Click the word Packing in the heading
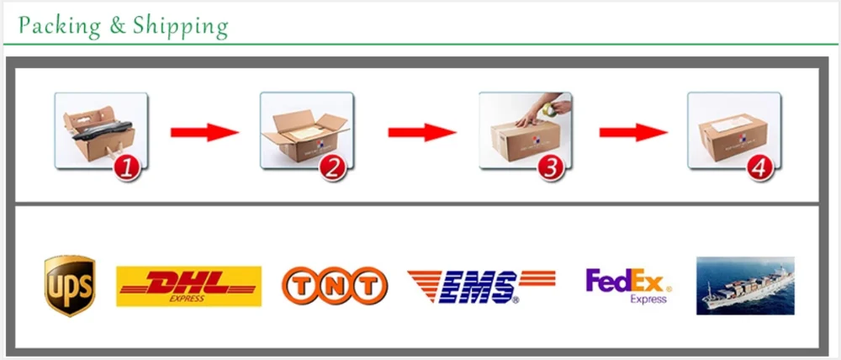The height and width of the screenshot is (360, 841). click(58, 26)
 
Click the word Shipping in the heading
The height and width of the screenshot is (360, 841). click(179, 26)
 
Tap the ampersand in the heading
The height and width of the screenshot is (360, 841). click(116, 26)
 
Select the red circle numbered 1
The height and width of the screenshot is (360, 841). click(127, 167)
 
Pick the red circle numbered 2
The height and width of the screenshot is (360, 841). click(333, 167)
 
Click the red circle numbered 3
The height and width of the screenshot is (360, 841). click(551, 167)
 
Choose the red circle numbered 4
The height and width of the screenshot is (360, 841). click(760, 167)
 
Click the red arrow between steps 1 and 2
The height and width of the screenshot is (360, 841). click(204, 132)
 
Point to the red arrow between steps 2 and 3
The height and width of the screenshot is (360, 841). click(421, 132)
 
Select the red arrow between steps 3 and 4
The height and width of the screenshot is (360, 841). click(632, 132)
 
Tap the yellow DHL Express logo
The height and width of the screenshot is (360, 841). click(188, 286)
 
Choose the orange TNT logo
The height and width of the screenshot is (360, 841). click(335, 286)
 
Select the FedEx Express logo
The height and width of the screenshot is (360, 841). click(627, 286)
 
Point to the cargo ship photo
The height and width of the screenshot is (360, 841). click(745, 286)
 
